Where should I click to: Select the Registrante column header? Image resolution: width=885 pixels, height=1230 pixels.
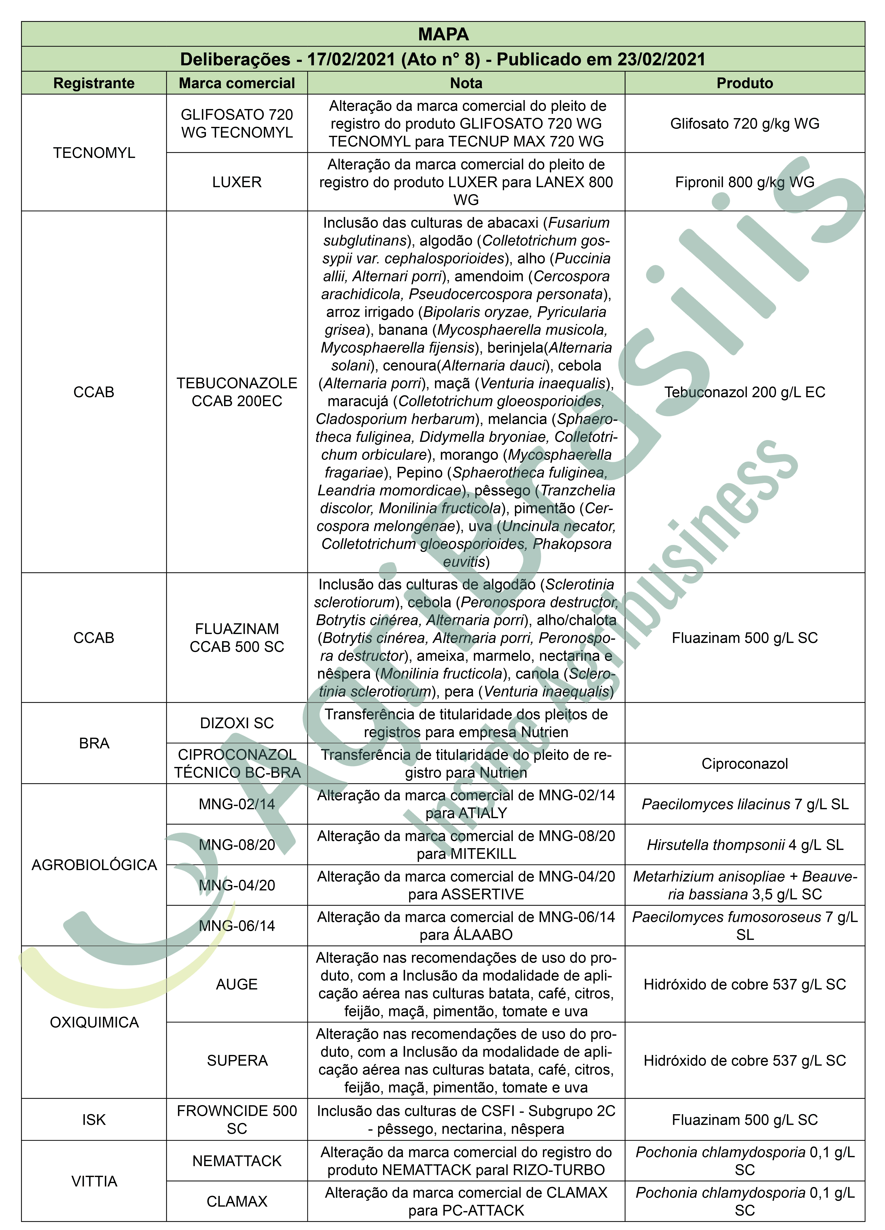tap(94, 83)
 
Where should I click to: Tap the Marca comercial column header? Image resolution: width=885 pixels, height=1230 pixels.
tap(237, 83)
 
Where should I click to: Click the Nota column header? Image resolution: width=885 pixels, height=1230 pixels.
tap(466, 83)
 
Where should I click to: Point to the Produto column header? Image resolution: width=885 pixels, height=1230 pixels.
tap(745, 83)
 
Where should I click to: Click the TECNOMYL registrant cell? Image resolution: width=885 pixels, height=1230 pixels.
tap(94, 153)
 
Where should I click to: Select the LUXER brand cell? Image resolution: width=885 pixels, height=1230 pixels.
tap(237, 182)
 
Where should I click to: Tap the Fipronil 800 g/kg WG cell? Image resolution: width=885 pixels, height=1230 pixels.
tap(745, 182)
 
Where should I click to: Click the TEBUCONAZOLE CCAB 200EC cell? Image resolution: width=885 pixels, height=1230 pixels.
tap(237, 392)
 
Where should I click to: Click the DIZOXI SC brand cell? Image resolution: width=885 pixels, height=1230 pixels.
tap(237, 723)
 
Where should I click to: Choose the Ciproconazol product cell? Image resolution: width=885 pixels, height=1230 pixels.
tap(745, 764)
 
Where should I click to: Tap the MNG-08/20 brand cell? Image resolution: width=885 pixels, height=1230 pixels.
tap(237, 844)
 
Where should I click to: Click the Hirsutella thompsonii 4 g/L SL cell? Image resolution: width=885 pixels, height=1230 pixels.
tap(745, 844)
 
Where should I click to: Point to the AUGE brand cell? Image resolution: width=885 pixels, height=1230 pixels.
tap(237, 984)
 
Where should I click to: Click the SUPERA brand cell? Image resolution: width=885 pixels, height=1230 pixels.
tap(237, 1060)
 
